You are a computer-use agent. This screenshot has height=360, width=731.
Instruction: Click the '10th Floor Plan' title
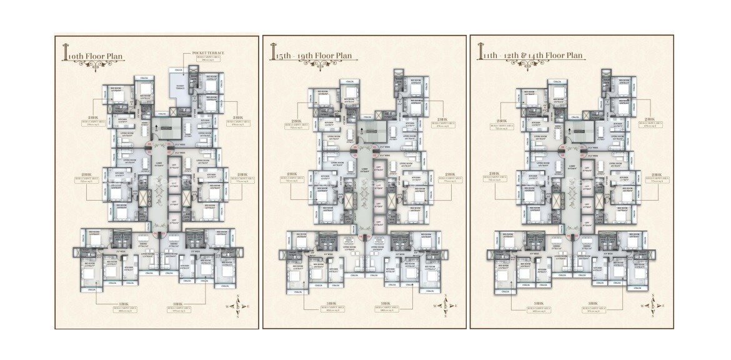click(x=99, y=57)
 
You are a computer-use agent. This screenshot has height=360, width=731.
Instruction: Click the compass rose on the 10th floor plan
click(x=232, y=307)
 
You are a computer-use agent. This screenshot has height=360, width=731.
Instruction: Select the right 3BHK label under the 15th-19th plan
click(x=387, y=306)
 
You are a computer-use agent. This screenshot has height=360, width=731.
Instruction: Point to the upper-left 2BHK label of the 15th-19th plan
click(x=292, y=120)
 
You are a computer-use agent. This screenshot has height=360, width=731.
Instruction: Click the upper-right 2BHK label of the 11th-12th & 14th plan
click(x=649, y=120)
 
